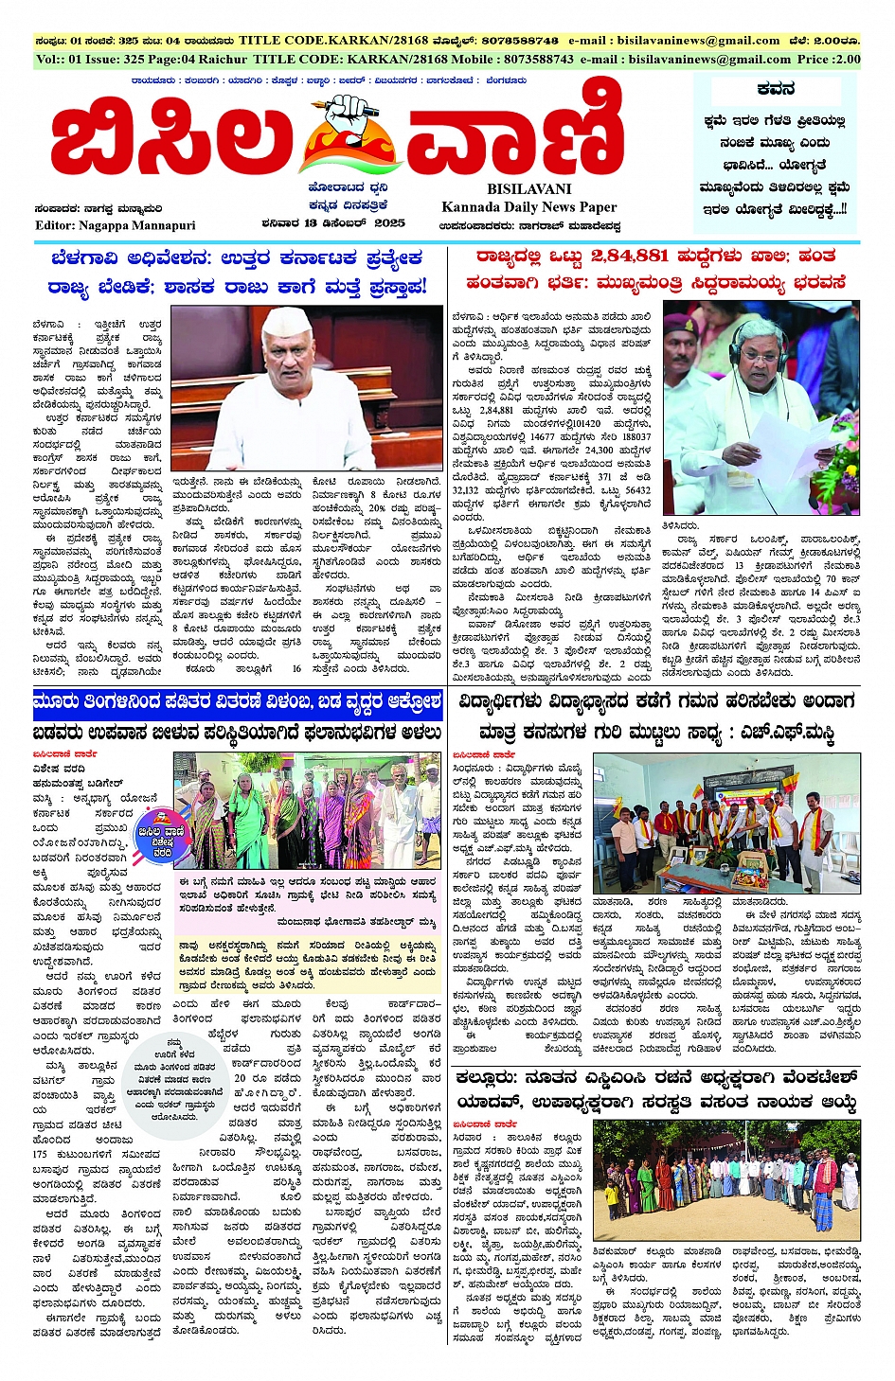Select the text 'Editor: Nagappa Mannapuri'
pos(116,225)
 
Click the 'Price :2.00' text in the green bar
pos(829,59)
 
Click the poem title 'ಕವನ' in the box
pos(776,89)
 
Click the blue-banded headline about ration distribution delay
pos(237,702)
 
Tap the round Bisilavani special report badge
pos(155,835)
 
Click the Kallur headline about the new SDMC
pos(656,1089)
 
